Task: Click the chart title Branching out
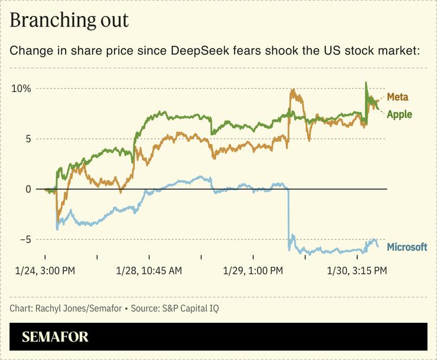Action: click(x=69, y=20)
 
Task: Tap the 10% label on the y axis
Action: click(x=20, y=89)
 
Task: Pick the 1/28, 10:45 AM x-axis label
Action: click(x=149, y=271)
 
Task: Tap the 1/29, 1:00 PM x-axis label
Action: click(x=253, y=271)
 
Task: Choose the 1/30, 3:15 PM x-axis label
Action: click(x=357, y=271)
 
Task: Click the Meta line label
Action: click(x=397, y=97)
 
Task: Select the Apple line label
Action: click(x=399, y=114)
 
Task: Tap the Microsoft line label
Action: click(x=406, y=247)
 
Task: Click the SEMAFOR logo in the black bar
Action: click(x=55, y=337)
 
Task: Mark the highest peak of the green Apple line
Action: click(x=366, y=83)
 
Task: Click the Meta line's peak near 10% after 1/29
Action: click(x=292, y=90)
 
